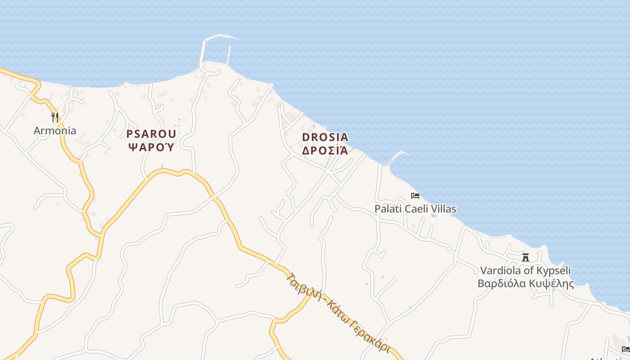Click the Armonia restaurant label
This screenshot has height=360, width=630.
pos(55,131)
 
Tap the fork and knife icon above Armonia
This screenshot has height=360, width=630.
pos(55,117)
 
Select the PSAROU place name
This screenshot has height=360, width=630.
pos(151,134)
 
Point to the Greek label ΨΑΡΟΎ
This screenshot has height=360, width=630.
pos(151,147)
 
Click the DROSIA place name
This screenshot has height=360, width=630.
pos(325,137)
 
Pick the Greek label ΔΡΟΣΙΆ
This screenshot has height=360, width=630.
pos(325,150)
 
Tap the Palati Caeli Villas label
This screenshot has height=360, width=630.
pos(415,209)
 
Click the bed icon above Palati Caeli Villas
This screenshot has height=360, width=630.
pos(415,196)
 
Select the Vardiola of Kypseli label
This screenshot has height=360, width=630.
pos(525,270)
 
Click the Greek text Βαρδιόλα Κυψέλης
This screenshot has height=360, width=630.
pos(525,283)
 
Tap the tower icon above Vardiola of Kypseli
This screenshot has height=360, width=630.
pos(525,257)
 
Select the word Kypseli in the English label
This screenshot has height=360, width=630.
pos(553,270)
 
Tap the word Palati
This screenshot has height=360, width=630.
pos(388,209)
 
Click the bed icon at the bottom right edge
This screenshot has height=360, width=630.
pos(625,349)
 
